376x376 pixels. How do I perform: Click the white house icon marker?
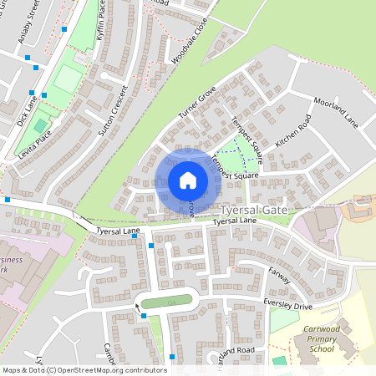(x=188, y=180)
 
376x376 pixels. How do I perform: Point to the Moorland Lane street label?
(x=336, y=112)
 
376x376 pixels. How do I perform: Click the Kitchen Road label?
(x=292, y=131)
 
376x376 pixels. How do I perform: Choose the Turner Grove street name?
(x=197, y=101)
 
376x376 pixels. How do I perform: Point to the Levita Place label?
(x=33, y=143)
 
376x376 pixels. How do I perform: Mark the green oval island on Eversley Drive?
(x=168, y=302)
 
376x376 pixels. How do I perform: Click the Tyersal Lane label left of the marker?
(x=118, y=230)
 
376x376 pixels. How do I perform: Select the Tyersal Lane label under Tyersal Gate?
(x=233, y=222)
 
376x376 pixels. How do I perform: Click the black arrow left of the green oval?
(x=138, y=307)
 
